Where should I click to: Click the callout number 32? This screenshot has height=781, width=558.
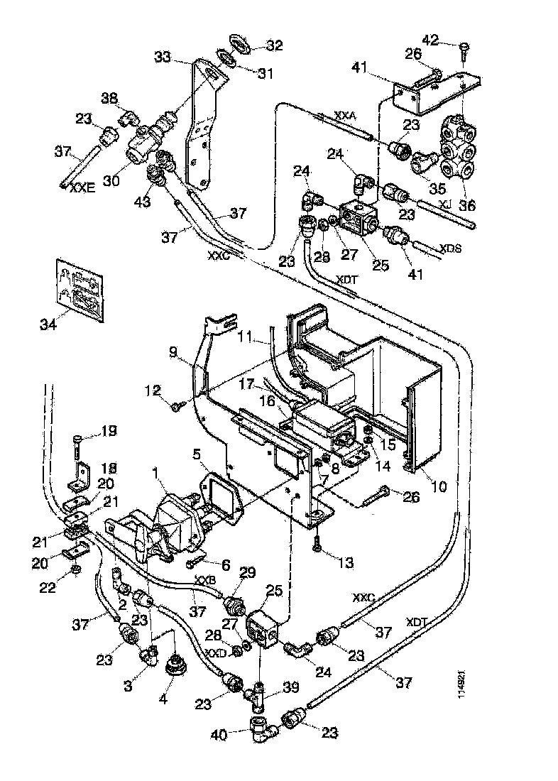point(274,45)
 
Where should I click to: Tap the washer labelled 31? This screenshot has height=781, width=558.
point(226,58)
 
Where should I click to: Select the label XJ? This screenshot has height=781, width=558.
point(445,203)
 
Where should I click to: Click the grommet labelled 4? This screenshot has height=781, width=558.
point(173,667)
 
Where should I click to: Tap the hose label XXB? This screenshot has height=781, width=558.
point(205,580)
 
